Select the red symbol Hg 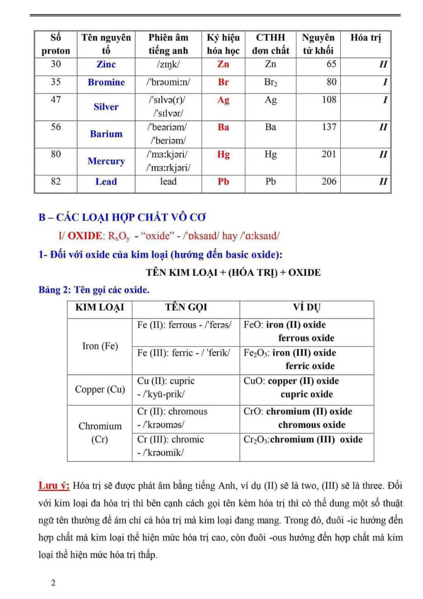click(x=223, y=155)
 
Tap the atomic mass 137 click(x=329, y=127)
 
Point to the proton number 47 click(x=56, y=100)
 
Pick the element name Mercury click(x=106, y=161)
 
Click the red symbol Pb click(x=223, y=182)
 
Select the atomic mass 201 click(x=329, y=154)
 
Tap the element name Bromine click(x=106, y=82)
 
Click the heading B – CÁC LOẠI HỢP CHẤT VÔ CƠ click(x=122, y=218)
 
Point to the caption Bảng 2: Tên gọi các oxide click(x=94, y=290)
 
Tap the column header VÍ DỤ click(x=307, y=308)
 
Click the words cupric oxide click(x=307, y=394)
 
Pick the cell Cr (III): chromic click(x=171, y=440)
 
